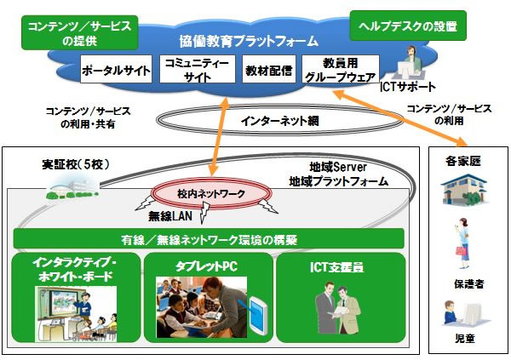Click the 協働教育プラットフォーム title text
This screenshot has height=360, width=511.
249,40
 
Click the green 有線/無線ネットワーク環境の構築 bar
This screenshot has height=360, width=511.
208,239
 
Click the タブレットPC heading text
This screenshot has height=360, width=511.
207,265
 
